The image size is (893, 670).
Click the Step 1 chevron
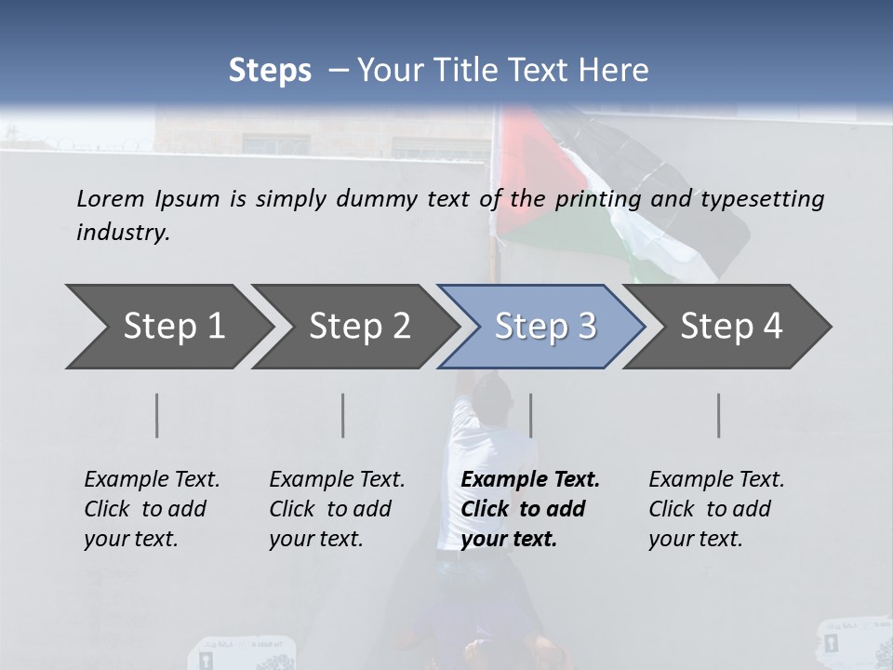[167, 327]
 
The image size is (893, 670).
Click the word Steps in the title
[270, 71]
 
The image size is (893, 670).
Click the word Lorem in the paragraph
[111, 199]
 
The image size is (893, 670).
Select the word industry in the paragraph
[123, 233]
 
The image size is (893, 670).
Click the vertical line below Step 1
[157, 415]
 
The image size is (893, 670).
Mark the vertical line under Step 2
[343, 415]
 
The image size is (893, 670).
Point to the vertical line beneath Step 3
[530, 415]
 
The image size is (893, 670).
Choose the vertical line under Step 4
[718, 415]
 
